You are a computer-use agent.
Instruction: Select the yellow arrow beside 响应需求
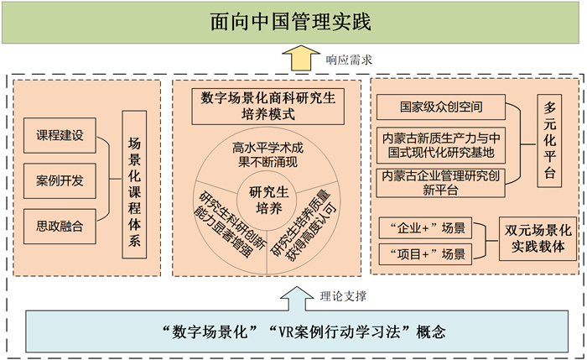click(x=294, y=60)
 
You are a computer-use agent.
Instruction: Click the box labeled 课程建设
click(x=60, y=134)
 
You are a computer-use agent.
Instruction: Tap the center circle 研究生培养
click(x=268, y=200)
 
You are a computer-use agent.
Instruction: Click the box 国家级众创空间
click(x=440, y=107)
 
